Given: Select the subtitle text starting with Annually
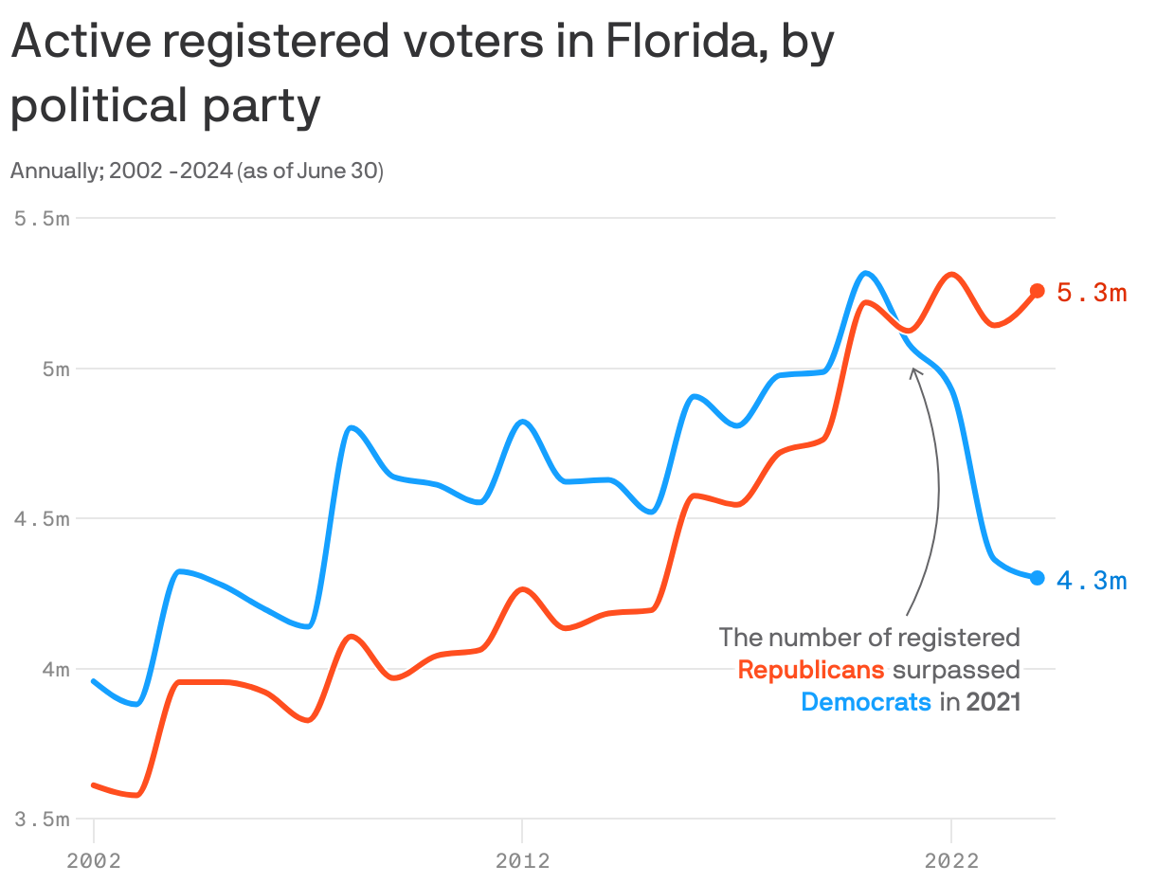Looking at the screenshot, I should (x=196, y=171).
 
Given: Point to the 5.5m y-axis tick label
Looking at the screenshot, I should (x=43, y=219).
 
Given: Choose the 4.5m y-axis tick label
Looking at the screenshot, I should (x=43, y=519).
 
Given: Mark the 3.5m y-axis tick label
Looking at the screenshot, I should (x=43, y=820).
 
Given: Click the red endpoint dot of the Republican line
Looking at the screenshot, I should (x=1037, y=291).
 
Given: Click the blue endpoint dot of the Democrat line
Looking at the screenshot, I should (x=1037, y=578).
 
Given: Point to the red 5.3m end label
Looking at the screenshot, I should (x=1092, y=293).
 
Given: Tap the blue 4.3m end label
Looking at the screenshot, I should (x=1092, y=581).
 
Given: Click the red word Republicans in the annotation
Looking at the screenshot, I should (x=811, y=670).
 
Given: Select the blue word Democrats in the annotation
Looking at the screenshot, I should (x=866, y=702).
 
